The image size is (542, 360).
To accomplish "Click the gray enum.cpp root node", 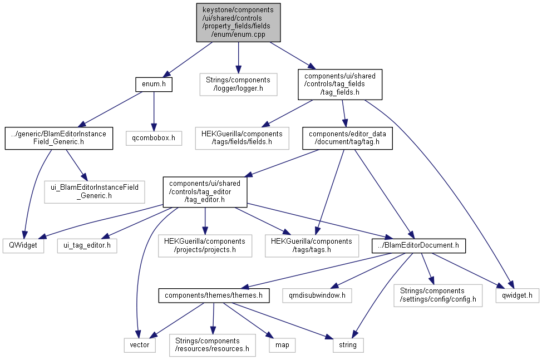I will [x=238, y=22].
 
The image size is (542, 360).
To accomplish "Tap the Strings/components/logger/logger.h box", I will [x=238, y=85].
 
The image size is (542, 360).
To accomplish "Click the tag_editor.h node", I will [x=204, y=191].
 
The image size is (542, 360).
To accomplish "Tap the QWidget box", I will [x=23, y=245].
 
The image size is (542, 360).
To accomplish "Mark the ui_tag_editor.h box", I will [x=87, y=245].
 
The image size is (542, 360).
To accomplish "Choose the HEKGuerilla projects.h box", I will [x=205, y=245].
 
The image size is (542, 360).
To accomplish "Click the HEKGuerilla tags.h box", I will [x=312, y=245].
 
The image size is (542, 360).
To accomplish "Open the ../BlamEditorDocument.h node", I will [x=411, y=245].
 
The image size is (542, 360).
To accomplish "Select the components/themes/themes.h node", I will [x=214, y=295].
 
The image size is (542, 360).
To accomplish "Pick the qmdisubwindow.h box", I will [x=317, y=295].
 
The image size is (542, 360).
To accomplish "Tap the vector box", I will [x=140, y=345].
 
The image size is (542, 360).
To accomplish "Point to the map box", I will [x=282, y=345].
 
